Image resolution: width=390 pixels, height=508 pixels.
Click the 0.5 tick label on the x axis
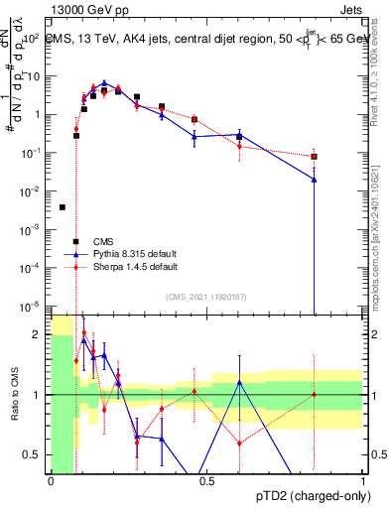(207, 481)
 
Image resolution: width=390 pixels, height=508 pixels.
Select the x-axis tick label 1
(363, 481)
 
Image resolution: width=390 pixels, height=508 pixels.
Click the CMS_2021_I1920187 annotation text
(207, 297)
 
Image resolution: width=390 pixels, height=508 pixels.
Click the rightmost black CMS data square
(314, 157)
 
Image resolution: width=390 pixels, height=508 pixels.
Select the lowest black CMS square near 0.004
(63, 207)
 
